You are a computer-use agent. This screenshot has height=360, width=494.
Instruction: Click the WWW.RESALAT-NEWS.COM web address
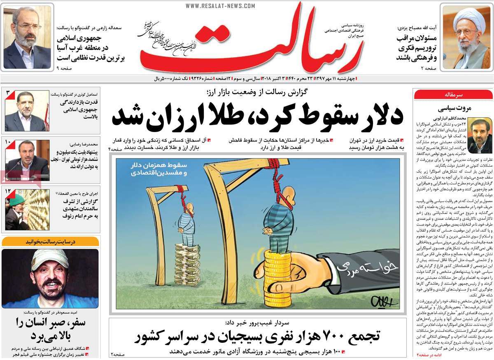point(220,6)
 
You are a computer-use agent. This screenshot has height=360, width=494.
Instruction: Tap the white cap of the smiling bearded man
point(49,258)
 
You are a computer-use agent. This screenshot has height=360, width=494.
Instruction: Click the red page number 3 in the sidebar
point(9,94)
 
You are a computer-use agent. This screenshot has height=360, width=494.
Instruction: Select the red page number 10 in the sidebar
point(9,142)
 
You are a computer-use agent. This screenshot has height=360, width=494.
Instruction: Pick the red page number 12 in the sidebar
point(9,191)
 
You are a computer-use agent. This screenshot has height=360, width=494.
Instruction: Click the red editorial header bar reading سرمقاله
point(452,95)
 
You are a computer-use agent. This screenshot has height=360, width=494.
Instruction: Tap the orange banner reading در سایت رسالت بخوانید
point(50,242)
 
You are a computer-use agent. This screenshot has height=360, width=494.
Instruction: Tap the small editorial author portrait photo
point(480,134)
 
